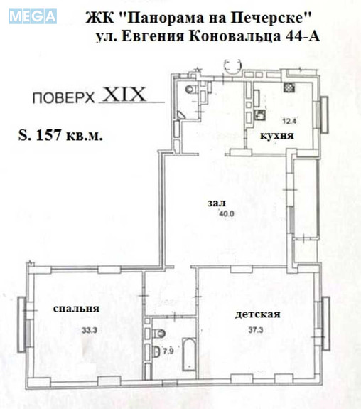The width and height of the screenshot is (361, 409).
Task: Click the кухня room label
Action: click(x=277, y=134)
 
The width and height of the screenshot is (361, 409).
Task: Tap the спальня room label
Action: click(x=75, y=309)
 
